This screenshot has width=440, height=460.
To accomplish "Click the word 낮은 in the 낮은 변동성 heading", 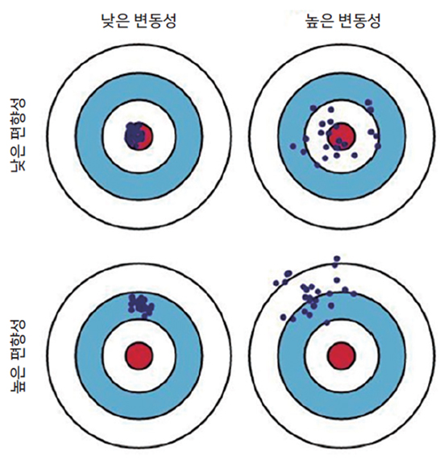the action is click(114, 21).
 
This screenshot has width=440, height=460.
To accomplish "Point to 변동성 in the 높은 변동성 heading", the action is click(359, 21).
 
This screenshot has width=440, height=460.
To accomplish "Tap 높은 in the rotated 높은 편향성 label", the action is click(19, 378).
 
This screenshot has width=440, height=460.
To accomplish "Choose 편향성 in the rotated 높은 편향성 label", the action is click(19, 340).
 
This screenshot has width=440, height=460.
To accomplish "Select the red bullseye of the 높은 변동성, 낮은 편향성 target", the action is click(342, 136).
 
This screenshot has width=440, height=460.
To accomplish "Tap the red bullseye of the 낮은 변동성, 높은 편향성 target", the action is click(139, 355).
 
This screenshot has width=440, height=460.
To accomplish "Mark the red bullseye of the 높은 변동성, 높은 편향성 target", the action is click(342, 355).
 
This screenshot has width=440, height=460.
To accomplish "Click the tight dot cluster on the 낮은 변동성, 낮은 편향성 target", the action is click(135, 135).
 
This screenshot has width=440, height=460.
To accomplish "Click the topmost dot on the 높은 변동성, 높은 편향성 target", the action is click(337, 259).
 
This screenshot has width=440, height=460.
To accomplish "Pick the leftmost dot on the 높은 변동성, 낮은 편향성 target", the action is click(293, 146).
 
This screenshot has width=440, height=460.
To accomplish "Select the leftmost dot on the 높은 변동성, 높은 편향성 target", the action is click(276, 283).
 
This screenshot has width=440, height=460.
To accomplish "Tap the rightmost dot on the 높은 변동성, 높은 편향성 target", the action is click(354, 293).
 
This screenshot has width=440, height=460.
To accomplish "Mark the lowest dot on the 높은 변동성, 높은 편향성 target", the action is click(327, 323).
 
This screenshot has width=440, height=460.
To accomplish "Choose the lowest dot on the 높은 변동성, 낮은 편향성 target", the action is click(317, 165).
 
